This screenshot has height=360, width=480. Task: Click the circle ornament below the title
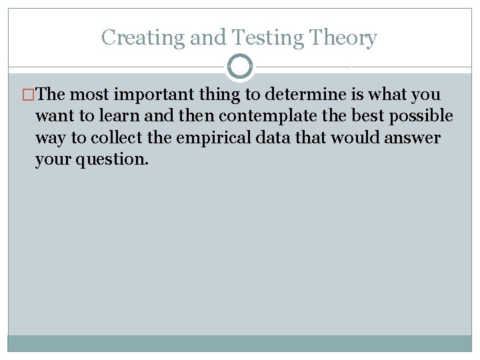click(240, 67)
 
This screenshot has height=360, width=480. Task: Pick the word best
click(368, 117)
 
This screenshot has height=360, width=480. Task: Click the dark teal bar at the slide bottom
click(240, 343)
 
